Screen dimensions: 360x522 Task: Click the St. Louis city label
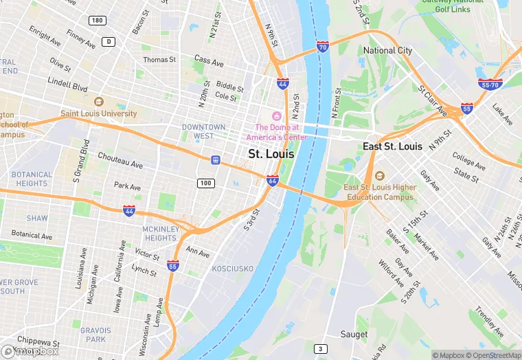click(x=271, y=154)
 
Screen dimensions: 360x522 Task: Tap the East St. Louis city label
click(x=392, y=146)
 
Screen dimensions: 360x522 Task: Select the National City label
click(x=388, y=50)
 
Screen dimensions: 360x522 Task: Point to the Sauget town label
click(x=354, y=335)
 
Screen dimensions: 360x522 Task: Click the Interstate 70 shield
click(x=322, y=47)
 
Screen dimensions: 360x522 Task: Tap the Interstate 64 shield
click(x=273, y=181)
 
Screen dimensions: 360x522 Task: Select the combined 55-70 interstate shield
click(x=490, y=83)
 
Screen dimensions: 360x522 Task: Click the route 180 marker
click(x=98, y=21)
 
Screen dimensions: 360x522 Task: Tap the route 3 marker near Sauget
click(x=319, y=348)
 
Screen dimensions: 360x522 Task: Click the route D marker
click(x=109, y=42)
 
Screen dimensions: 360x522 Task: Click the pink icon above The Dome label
click(x=277, y=115)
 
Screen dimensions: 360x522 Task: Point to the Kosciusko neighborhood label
click(x=232, y=268)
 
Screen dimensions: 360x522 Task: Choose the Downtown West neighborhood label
click(x=203, y=131)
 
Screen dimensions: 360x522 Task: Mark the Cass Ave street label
click(x=209, y=62)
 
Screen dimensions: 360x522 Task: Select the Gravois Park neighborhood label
click(x=95, y=335)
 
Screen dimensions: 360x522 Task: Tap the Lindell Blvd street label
click(x=67, y=89)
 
